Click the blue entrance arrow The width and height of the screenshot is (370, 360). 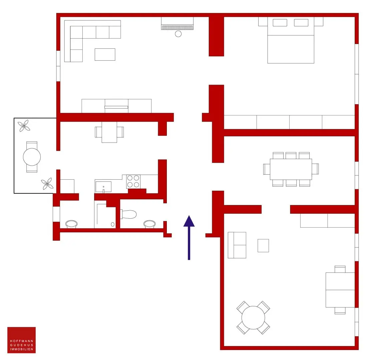coord(189,238)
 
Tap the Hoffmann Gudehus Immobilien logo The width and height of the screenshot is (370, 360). coord(21,340)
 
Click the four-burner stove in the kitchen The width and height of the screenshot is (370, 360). coord(133,182)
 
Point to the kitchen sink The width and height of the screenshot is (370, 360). coord(103,187)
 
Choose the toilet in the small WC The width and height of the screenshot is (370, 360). coord(128,214)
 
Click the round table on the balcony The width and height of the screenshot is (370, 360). coord(32,157)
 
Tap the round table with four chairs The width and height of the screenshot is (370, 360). coord(253,318)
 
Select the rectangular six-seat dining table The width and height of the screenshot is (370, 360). coord(291,169)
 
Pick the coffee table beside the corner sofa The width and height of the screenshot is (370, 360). coord(105,54)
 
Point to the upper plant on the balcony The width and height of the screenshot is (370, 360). coord(24,126)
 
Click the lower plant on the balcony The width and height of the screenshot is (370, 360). coord(47,184)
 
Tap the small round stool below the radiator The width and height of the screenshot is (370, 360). coord(178,34)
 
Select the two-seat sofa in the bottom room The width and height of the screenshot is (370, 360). coord(237,245)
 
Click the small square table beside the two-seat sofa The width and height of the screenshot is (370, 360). coord(263,246)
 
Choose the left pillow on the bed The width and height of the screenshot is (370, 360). coord(280,23)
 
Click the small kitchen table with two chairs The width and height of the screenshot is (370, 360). coord(109,132)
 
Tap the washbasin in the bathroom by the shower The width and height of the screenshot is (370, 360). coord(71,224)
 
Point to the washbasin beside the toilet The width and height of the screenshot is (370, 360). coord(149,224)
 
